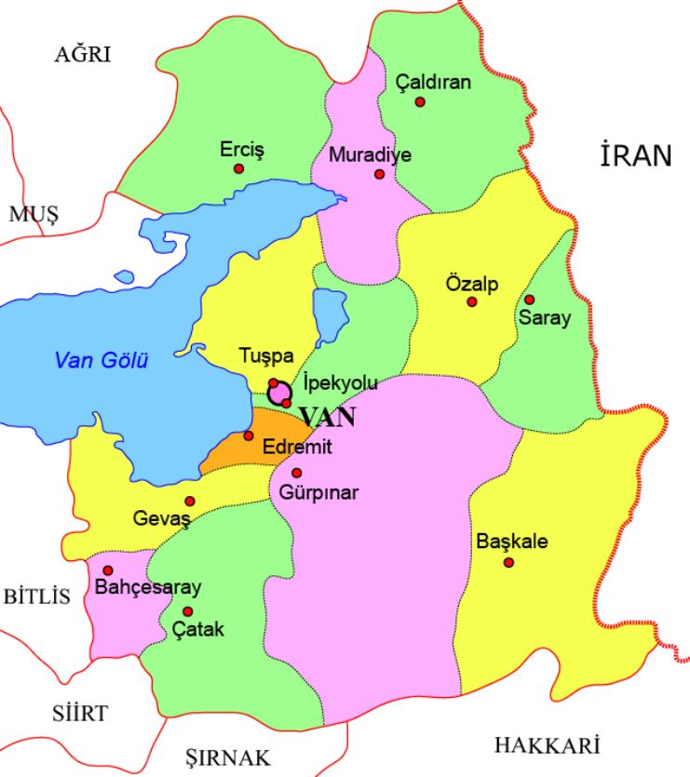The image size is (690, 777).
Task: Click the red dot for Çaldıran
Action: click(x=420, y=101)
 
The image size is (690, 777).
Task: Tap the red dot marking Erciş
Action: click(x=239, y=168)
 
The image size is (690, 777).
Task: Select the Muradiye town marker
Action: click(x=379, y=173)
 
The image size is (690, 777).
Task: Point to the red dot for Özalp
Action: click(x=472, y=302)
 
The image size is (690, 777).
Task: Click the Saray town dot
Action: click(x=529, y=300)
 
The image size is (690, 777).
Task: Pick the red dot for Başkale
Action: click(x=508, y=562)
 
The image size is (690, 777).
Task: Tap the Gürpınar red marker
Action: click(x=297, y=473)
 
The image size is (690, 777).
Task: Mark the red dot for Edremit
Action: click(x=249, y=435)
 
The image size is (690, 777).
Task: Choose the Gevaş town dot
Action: click(x=190, y=501)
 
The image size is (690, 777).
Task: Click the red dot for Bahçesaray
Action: click(x=108, y=570)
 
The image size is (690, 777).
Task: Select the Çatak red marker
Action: click(x=188, y=611)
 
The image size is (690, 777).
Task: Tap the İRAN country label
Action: click(x=636, y=156)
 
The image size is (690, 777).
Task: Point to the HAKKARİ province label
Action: click(x=547, y=745)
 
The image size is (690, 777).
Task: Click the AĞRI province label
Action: click(x=82, y=55)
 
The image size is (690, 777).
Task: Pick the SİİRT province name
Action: click(x=79, y=714)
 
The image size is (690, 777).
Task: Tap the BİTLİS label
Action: click(x=37, y=596)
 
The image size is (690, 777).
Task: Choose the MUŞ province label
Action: click(x=34, y=215)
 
